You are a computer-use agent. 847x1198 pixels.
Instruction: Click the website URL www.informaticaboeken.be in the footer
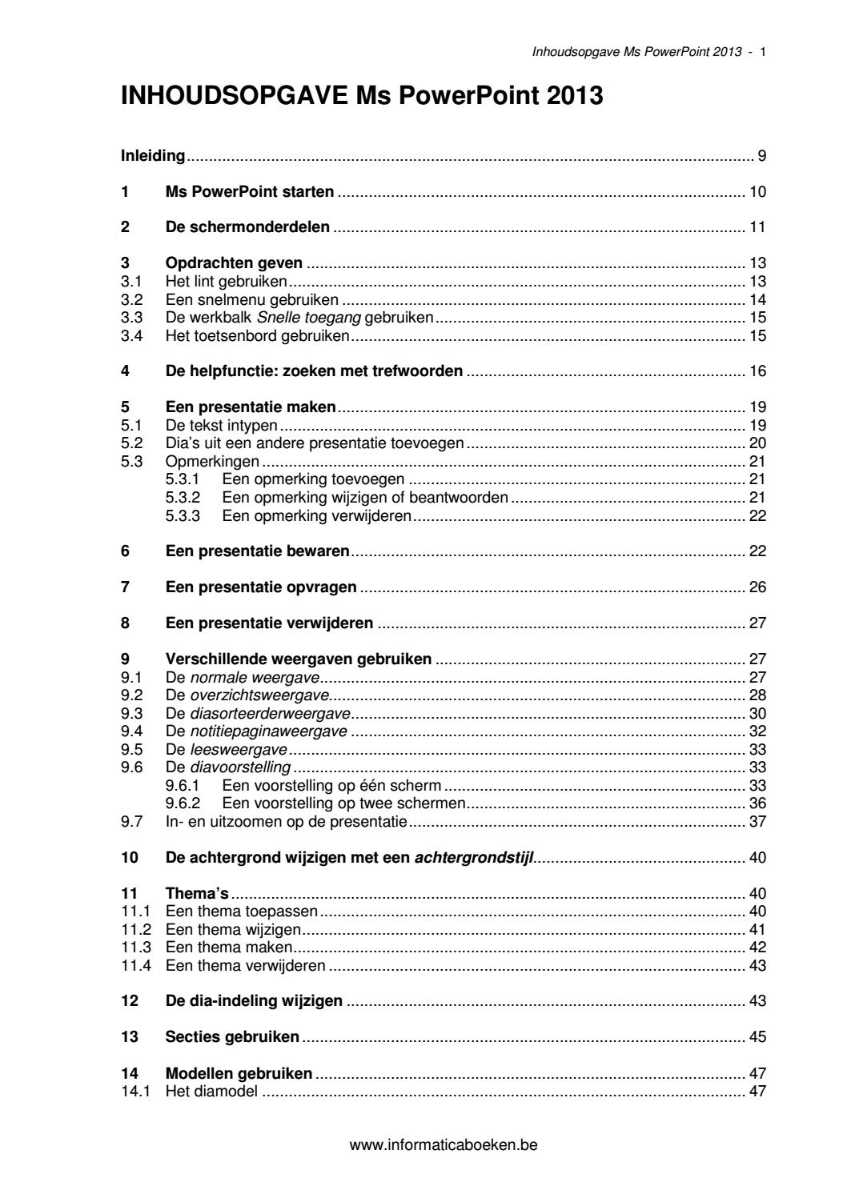click(444, 1144)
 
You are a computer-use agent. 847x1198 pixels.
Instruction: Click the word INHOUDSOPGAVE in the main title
click(235, 98)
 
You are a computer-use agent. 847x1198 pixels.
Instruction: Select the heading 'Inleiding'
click(152, 155)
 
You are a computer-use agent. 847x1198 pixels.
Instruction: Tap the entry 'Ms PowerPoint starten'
click(249, 191)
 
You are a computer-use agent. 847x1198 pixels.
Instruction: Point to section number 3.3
click(130, 318)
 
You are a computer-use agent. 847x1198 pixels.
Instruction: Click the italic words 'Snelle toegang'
click(303, 318)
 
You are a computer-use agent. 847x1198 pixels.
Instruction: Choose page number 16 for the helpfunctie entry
click(757, 371)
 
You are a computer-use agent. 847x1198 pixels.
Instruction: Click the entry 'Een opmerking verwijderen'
click(316, 515)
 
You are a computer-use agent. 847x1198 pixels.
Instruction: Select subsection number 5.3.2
click(182, 497)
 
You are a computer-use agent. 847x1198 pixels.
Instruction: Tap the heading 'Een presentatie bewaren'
click(257, 551)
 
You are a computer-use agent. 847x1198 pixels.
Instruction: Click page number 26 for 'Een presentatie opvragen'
click(757, 587)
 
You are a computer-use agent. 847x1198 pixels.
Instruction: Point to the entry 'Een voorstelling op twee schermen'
click(344, 803)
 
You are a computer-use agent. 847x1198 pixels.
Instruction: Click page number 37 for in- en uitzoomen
click(757, 821)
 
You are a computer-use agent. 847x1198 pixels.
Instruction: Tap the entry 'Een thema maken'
click(228, 948)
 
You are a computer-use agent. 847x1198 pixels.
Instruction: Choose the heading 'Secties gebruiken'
click(232, 1037)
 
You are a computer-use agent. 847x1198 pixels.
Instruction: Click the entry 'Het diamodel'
click(211, 1091)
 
